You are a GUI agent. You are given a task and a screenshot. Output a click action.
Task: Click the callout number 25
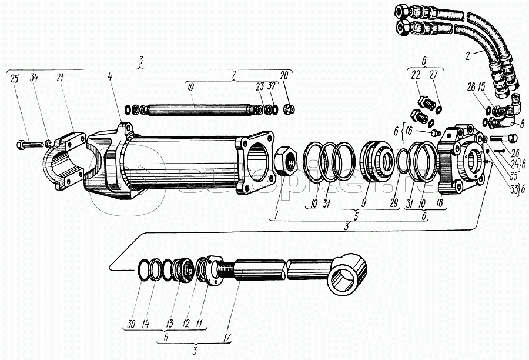(14, 79)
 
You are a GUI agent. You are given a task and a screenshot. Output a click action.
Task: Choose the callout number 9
(364, 202)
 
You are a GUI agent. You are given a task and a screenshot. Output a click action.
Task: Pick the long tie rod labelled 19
(197, 110)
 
